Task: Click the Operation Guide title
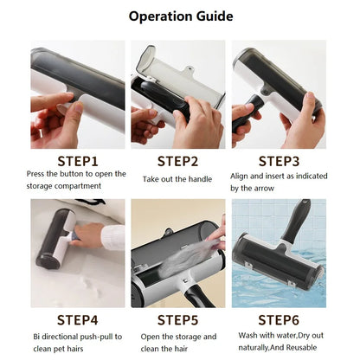pyautogui.click(x=180, y=16)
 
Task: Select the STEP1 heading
pyautogui.click(x=77, y=160)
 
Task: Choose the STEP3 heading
pyautogui.click(x=280, y=160)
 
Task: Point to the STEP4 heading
pyautogui.click(x=77, y=320)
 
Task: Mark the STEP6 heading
pyautogui.click(x=280, y=320)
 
